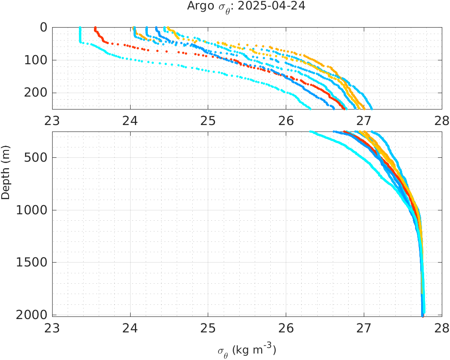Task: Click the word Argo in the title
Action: pyautogui.click(x=198, y=6)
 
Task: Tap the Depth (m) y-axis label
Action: pyautogui.click(x=6, y=178)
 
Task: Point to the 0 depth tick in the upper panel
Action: pyautogui.click(x=44, y=27)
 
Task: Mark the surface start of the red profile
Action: pyautogui.click(x=95, y=28)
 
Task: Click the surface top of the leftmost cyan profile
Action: pyautogui.click(x=80, y=28)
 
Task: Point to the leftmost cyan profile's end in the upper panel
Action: pyautogui.click(x=309, y=108)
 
